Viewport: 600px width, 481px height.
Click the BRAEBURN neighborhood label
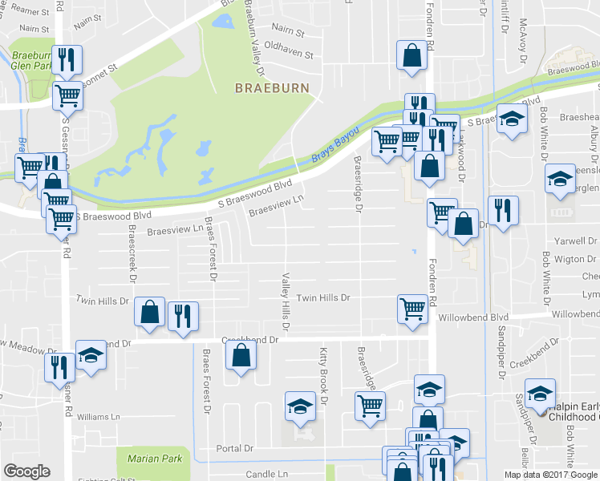click(272, 87)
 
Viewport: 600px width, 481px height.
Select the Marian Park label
click(149, 459)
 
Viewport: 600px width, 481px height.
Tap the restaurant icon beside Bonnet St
click(64, 59)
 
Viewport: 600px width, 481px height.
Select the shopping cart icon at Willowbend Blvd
click(411, 307)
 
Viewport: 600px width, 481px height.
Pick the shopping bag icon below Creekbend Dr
click(240, 355)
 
